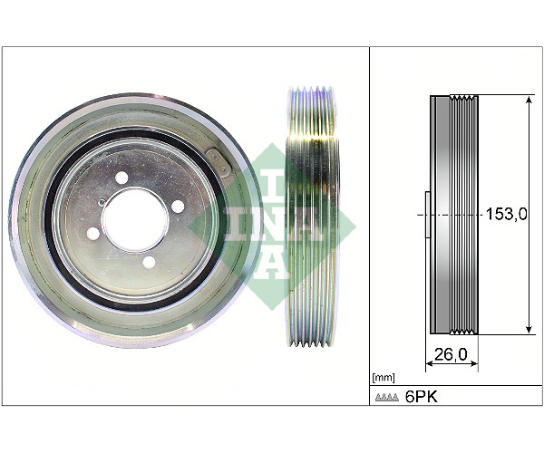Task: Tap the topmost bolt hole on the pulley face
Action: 121,178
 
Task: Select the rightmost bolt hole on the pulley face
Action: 178,207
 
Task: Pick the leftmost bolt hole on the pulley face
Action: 93,233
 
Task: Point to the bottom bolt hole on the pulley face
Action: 150,262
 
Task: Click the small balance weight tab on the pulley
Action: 218,162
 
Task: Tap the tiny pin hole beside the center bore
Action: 102,201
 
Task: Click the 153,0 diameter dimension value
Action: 506,214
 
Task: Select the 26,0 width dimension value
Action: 451,354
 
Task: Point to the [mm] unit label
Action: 383,377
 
